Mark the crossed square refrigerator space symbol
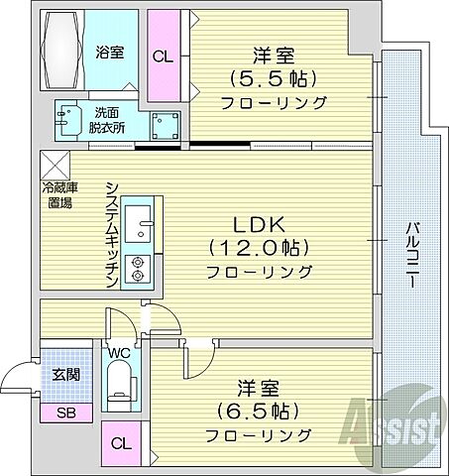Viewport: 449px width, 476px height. [54, 165]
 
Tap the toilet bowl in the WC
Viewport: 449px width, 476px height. [119, 385]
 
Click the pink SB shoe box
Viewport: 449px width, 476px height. [66, 413]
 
